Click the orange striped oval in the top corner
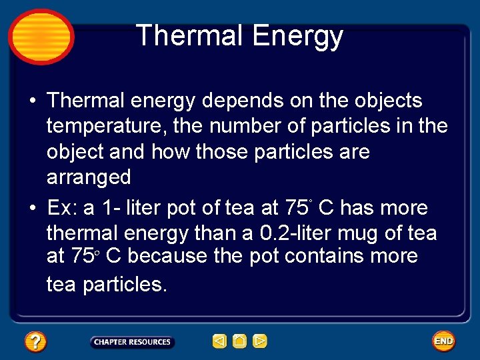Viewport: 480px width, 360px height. (x=41, y=37)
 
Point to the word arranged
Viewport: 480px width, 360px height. (x=89, y=177)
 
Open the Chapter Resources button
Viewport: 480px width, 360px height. (x=132, y=342)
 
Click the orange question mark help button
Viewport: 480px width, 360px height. (x=35, y=342)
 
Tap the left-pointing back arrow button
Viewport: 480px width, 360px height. (x=219, y=342)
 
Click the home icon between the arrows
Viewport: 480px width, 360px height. (x=239, y=342)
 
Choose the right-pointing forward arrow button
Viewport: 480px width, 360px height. (x=260, y=342)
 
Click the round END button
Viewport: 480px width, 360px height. (x=443, y=341)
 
